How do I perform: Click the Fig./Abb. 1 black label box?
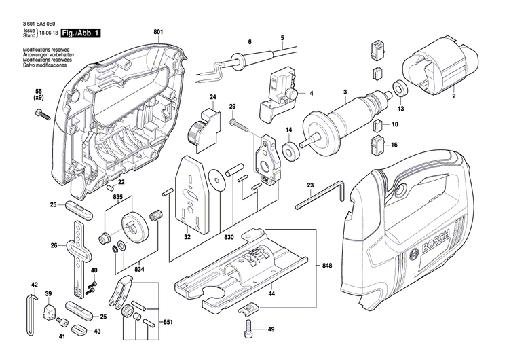point(80,33)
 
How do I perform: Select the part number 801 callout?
point(158,32)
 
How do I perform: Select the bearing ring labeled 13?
point(400,88)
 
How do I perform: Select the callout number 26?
point(54,245)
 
